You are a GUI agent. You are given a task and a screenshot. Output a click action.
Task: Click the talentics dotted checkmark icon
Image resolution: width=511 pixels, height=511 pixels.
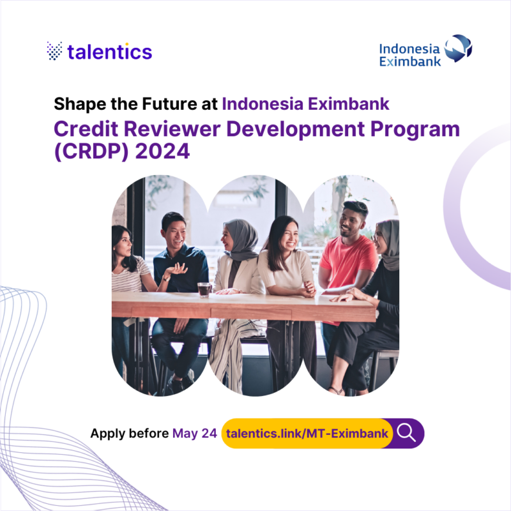(x=54, y=51)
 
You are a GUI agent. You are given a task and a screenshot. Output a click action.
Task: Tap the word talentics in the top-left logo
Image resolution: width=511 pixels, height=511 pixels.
(x=109, y=52)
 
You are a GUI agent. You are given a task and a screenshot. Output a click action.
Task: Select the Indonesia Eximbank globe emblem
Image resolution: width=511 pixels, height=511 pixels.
(x=458, y=49)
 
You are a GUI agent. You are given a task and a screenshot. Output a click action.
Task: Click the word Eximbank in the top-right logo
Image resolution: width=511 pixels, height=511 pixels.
(x=410, y=61)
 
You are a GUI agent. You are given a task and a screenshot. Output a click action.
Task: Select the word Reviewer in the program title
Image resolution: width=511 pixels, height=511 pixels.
(x=172, y=129)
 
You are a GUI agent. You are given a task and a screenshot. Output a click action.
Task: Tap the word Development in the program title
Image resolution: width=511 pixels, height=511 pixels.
(x=295, y=130)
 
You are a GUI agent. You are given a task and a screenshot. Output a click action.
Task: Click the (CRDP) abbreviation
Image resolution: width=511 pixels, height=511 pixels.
(x=91, y=151)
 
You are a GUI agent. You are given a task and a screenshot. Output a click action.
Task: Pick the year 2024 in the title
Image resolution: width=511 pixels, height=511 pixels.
(x=162, y=151)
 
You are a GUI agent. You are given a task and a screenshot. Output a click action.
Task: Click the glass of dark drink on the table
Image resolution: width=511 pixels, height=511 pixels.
(x=204, y=290)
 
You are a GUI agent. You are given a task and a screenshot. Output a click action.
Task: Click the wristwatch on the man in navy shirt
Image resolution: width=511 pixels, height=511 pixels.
(x=166, y=278)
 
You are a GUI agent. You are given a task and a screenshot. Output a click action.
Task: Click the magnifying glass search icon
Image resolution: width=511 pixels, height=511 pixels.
(x=406, y=434)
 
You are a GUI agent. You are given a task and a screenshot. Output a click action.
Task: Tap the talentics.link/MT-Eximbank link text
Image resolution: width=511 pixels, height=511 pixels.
(x=307, y=434)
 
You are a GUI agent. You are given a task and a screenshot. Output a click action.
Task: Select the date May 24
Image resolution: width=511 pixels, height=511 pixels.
(x=195, y=434)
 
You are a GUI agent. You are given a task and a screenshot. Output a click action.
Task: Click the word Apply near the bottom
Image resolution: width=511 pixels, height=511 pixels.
(x=108, y=434)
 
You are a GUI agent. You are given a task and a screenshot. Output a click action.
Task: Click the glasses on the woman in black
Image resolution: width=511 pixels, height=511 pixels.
(x=378, y=236)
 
